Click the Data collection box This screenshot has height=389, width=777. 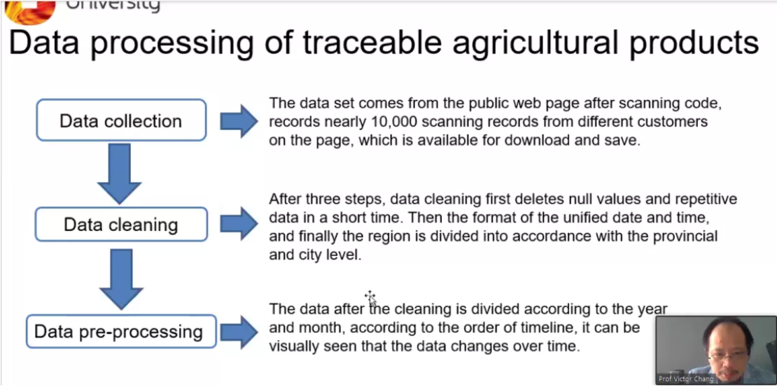[121, 120]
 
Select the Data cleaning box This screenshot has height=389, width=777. [121, 225]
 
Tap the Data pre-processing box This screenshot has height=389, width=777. [121, 332]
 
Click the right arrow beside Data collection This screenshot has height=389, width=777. [239, 121]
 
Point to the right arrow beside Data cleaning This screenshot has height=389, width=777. [239, 224]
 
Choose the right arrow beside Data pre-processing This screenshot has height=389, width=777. [239, 332]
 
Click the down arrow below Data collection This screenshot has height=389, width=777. [120, 174]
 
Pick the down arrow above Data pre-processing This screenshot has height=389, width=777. [121, 279]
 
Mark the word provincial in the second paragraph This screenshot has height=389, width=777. [685, 236]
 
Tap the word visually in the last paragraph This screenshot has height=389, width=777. [294, 346]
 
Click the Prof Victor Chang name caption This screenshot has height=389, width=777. [686, 379]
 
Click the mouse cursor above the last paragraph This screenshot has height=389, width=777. [370, 297]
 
